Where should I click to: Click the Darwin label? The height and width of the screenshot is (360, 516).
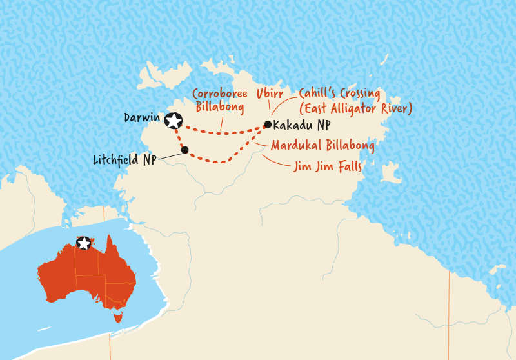[142, 119]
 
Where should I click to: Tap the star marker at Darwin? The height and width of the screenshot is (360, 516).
[173, 120]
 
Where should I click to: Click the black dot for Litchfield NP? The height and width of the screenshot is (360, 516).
[185, 150]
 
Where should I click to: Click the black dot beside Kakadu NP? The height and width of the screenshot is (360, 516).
[267, 125]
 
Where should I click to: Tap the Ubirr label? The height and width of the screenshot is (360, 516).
[269, 94]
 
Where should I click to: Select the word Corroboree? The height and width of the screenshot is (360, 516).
[221, 94]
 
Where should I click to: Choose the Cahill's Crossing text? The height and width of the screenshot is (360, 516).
[338, 94]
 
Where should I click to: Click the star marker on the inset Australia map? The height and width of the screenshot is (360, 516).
[84, 243]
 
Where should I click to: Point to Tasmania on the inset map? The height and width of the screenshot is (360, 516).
[117, 316]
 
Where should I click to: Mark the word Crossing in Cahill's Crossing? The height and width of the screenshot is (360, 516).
[357, 94]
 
